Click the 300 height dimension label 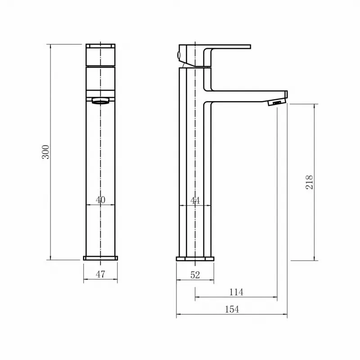pos(46,152)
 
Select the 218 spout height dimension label pos(309,182)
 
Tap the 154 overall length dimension pos(232,309)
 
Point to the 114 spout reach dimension pos(236,292)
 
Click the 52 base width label pos(195,275)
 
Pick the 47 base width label pos(100,274)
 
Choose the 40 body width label pos(100,200)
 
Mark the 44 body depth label pos(195,201)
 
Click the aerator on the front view pos(100,101)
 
